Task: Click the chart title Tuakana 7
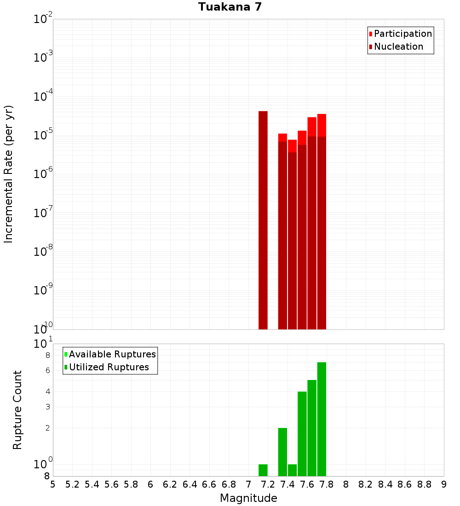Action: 230,7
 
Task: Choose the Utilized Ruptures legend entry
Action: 109,367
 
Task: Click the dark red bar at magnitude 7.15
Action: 263,221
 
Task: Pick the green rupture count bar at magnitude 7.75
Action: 322,419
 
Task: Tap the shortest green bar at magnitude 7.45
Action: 292,470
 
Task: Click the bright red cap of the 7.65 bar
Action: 312,126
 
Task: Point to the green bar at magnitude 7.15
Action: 263,470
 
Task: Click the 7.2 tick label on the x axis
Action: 268,484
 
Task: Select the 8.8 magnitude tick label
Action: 425,484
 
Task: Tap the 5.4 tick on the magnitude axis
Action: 92,484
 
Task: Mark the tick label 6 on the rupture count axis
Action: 47,371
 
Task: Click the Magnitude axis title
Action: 248,498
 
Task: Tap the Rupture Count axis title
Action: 17,409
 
